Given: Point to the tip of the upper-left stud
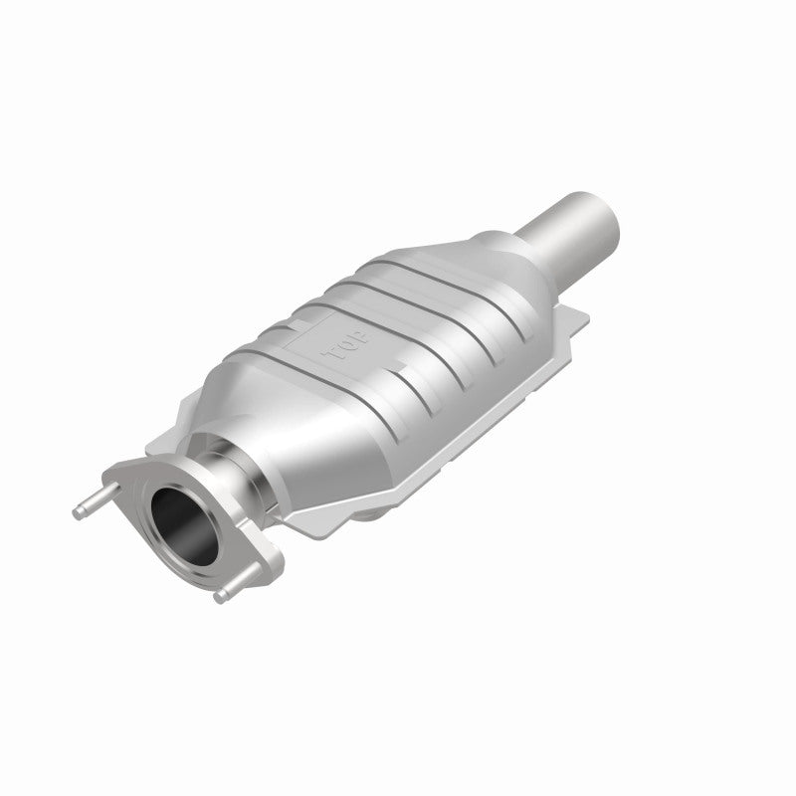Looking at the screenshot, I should pos(78,510).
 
